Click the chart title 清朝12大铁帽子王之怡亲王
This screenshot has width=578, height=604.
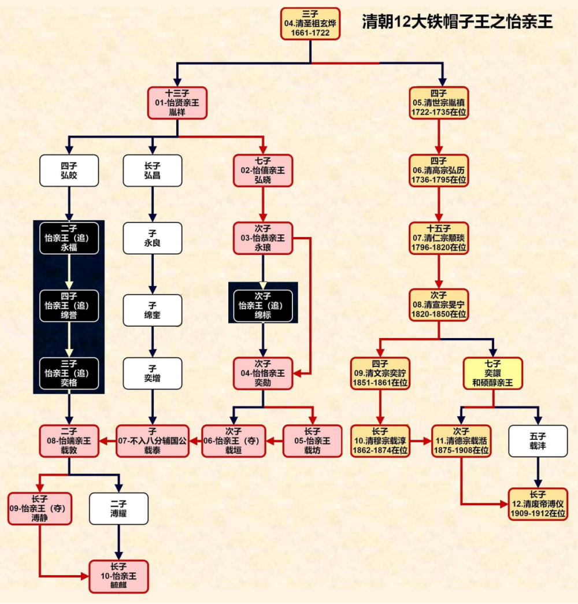click(457, 22)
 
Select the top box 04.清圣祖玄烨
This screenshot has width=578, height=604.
click(310, 24)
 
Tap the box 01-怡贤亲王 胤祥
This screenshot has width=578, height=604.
click(177, 103)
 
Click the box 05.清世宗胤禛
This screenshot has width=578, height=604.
click(439, 103)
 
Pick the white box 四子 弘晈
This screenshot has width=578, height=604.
click(69, 171)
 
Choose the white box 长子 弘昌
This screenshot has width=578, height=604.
click(153, 171)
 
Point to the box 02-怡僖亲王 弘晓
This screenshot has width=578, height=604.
click(263, 171)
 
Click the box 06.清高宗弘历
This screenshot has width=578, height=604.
click(439, 171)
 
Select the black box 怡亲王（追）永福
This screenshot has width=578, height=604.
click(69, 238)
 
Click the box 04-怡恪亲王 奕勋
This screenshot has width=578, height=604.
click(263, 373)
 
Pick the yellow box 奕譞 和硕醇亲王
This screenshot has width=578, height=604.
click(493, 373)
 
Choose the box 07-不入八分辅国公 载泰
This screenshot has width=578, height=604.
click(153, 441)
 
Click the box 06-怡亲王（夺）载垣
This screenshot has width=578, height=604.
click(233, 441)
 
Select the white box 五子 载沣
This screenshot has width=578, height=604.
click(538, 441)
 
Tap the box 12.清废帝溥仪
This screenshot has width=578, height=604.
click(538, 505)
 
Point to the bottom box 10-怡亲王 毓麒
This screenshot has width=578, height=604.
click(118, 576)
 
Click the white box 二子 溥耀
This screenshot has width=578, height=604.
click(118, 509)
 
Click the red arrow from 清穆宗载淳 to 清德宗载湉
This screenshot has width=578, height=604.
click(421, 441)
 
